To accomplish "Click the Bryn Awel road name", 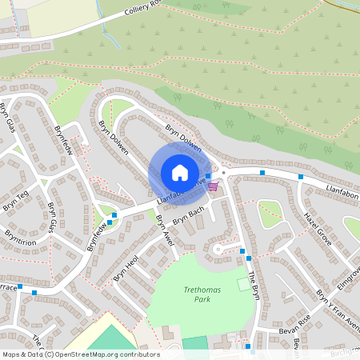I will click(164, 229).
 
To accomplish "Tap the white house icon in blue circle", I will click(179, 173).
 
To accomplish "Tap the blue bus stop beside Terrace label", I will click(34, 293).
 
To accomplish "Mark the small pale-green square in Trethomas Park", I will click(243, 284).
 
